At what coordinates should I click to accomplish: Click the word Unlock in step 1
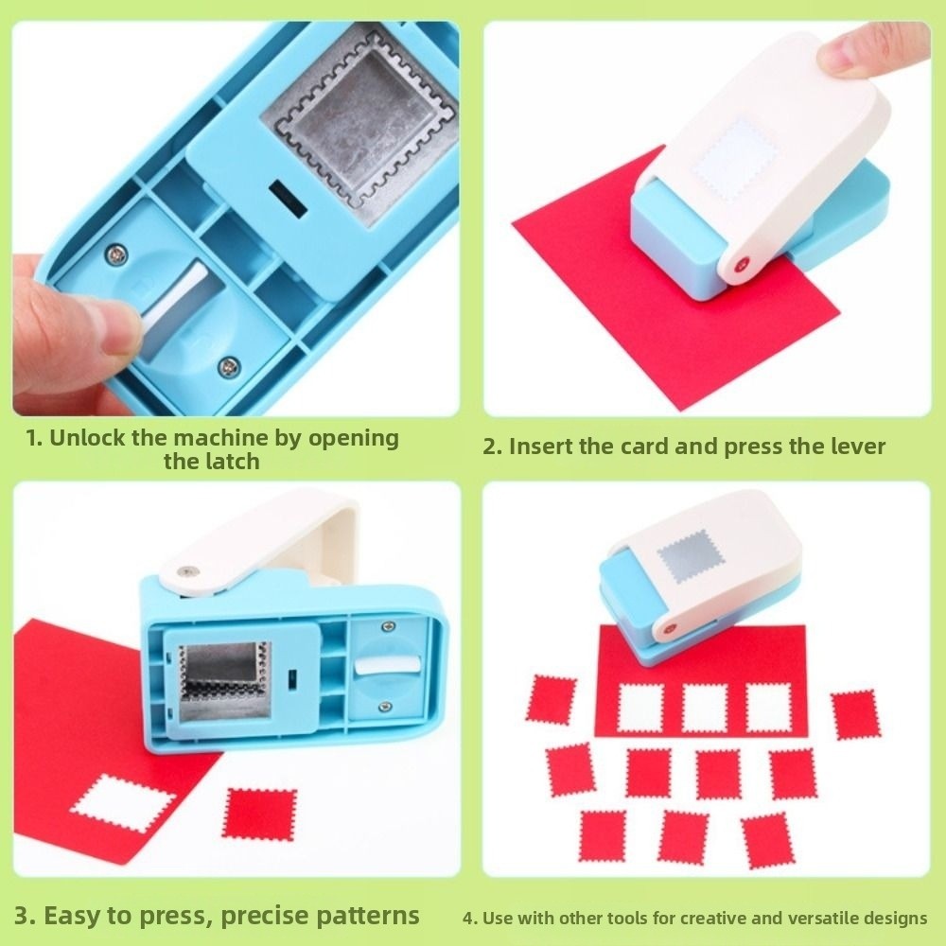pyautogui.click(x=85, y=438)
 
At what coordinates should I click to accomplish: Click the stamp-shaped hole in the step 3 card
pyautogui.click(x=124, y=803)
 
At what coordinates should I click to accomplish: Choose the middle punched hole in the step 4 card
pyautogui.click(x=704, y=708)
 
